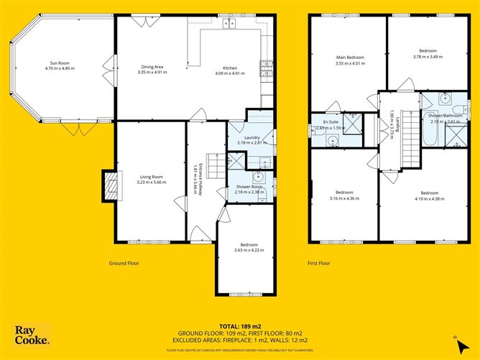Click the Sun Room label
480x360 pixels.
60,63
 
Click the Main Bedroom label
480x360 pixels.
350,57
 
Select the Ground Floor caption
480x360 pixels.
124,263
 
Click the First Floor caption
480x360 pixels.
318,263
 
